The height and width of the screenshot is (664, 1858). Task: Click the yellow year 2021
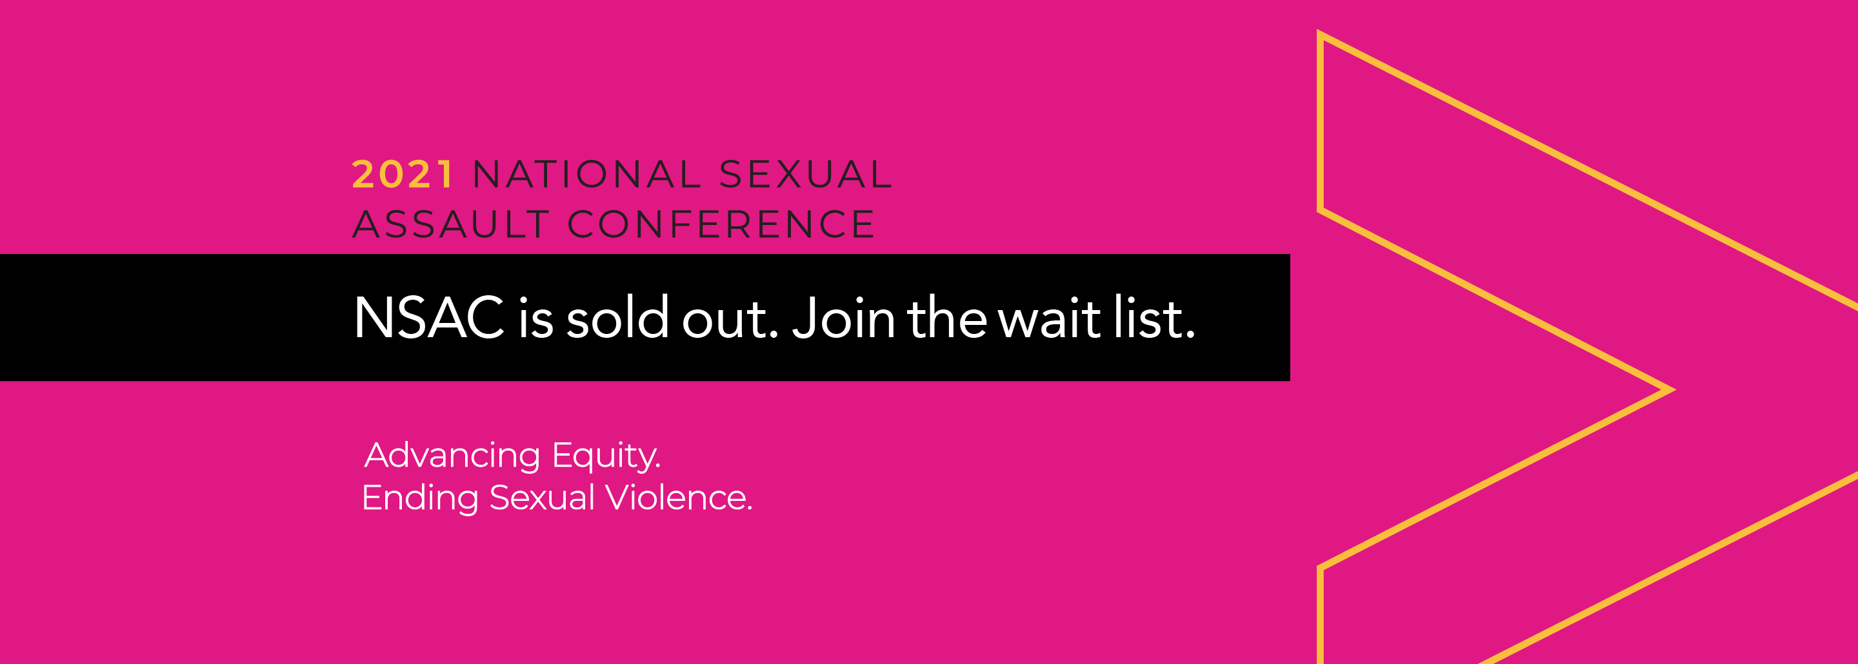click(403, 175)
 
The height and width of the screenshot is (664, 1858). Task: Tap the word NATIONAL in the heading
click(587, 175)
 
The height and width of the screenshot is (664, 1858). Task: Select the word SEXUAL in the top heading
click(806, 175)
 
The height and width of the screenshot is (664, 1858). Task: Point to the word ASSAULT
click(452, 224)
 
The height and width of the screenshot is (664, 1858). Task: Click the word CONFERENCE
click(721, 224)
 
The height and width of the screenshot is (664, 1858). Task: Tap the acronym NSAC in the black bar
click(429, 317)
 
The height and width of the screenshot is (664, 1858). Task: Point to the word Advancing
click(452, 456)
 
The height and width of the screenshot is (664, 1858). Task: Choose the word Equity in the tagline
click(606, 456)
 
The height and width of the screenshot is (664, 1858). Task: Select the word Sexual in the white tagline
click(543, 498)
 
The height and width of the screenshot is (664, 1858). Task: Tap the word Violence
click(678, 498)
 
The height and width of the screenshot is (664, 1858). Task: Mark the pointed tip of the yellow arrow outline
click(1672, 389)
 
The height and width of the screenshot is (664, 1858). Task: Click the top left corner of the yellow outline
click(1320, 32)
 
